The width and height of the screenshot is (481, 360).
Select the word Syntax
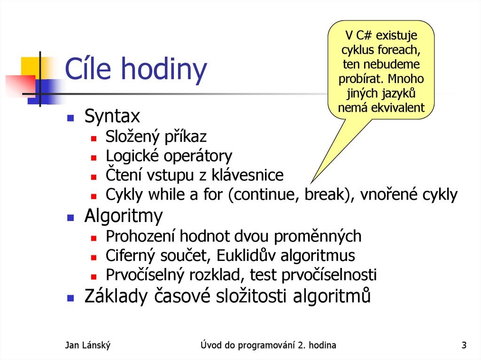click(x=112, y=116)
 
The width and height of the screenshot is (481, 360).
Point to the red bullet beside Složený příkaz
click(x=94, y=138)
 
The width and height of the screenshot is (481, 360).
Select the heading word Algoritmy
click(x=124, y=216)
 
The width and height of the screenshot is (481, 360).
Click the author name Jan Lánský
click(x=88, y=346)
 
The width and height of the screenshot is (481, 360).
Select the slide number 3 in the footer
click(x=464, y=346)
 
